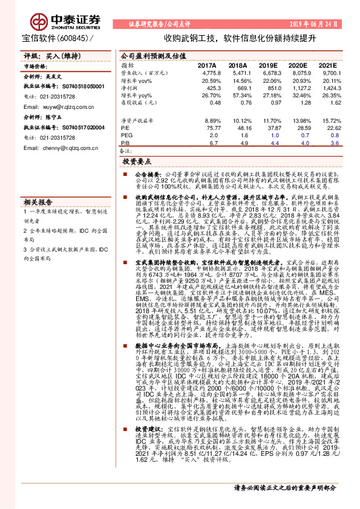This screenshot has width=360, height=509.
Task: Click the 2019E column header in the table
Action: point(267,65)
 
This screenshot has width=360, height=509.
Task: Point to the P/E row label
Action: point(125,128)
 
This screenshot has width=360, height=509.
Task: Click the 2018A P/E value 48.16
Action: point(238,128)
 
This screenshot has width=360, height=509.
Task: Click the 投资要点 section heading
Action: point(136,163)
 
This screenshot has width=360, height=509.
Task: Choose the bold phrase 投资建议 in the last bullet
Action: point(145,428)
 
